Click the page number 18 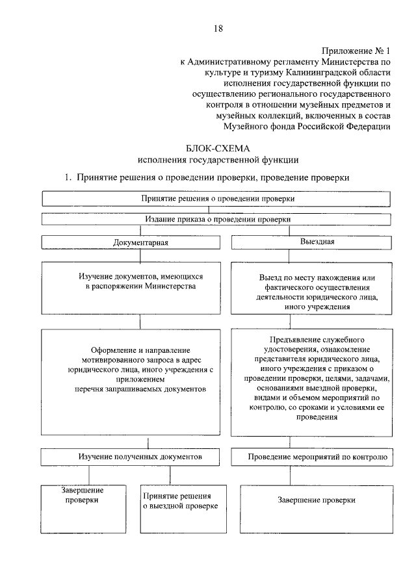point(218,28)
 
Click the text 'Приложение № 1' point(356,50)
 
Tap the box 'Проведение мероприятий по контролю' point(317,457)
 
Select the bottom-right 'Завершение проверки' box point(317,501)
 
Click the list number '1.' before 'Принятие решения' point(66,177)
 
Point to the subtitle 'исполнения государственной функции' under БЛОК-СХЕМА point(208,160)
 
